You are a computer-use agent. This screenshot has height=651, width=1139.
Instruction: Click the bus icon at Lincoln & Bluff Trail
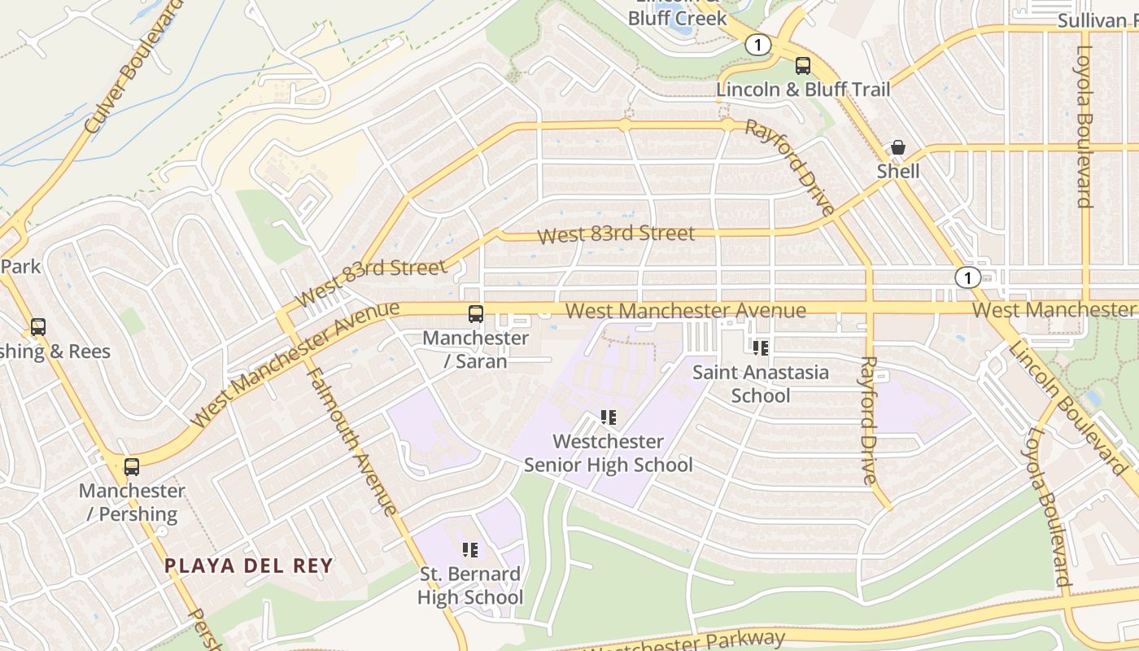click(x=803, y=66)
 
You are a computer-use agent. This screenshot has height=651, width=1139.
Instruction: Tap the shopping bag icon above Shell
click(x=898, y=148)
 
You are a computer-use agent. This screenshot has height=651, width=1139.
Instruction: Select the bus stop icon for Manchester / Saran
click(x=476, y=314)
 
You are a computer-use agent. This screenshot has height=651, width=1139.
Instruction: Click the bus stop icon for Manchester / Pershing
click(x=132, y=467)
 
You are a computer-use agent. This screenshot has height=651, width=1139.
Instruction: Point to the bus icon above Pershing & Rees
click(x=38, y=327)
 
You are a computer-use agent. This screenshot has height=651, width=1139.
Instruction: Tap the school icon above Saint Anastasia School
click(x=761, y=349)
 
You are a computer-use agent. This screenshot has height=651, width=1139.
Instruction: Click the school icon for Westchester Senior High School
click(x=608, y=418)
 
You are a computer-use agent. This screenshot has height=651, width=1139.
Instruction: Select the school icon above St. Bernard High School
click(x=470, y=550)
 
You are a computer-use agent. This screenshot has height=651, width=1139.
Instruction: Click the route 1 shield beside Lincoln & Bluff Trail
click(x=758, y=46)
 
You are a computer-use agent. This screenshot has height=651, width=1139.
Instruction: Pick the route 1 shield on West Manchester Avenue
click(x=967, y=277)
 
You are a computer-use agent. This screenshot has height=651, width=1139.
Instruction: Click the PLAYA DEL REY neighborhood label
click(x=249, y=566)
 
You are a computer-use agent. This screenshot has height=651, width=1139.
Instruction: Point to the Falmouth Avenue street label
click(x=352, y=439)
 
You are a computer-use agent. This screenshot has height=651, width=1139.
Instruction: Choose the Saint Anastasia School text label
click(x=761, y=384)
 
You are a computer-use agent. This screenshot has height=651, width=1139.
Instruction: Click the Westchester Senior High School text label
click(x=609, y=453)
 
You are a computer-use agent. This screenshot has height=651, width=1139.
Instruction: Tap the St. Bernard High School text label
click(x=470, y=585)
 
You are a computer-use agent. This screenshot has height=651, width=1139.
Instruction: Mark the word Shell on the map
click(x=898, y=172)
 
